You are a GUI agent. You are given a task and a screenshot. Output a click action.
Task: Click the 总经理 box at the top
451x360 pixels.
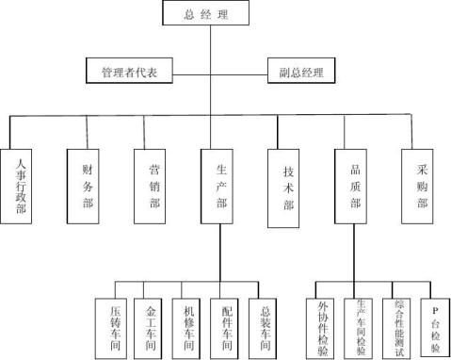click(208, 14)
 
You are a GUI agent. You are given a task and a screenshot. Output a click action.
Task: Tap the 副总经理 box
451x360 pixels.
click(301, 72)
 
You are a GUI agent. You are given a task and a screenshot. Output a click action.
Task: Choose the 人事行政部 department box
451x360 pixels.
click(22, 188)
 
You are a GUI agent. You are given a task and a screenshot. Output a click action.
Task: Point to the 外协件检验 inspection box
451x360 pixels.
click(324, 327)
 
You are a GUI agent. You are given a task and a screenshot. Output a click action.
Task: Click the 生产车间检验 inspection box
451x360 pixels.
click(361, 327)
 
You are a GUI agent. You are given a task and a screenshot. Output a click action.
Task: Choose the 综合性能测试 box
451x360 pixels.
click(398, 327)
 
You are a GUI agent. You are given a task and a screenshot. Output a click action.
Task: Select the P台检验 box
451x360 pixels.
click(434, 327)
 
